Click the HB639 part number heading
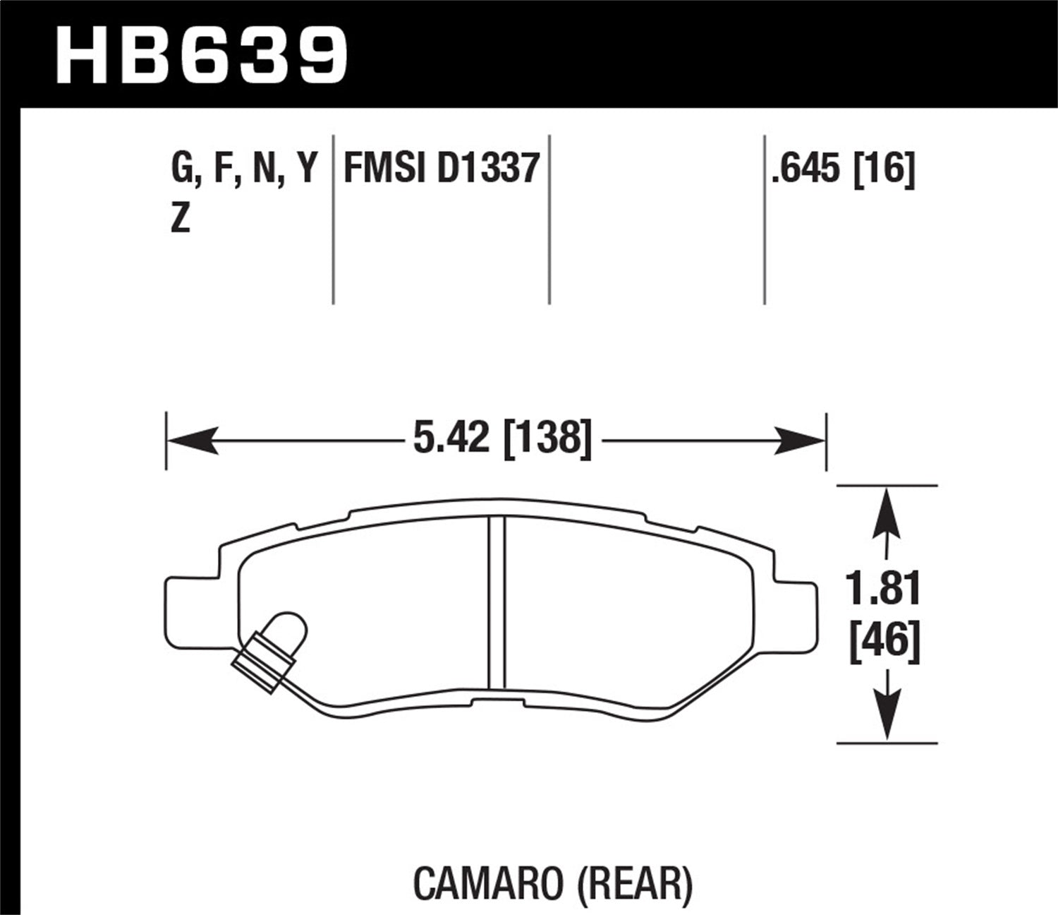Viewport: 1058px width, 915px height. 202,55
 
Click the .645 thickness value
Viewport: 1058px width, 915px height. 808,169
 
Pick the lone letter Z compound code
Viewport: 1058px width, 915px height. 181,220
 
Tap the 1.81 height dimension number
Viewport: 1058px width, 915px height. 884,590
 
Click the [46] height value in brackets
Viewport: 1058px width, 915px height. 884,643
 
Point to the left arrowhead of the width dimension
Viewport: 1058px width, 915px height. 190,440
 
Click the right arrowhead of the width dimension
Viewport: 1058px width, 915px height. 801,440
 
